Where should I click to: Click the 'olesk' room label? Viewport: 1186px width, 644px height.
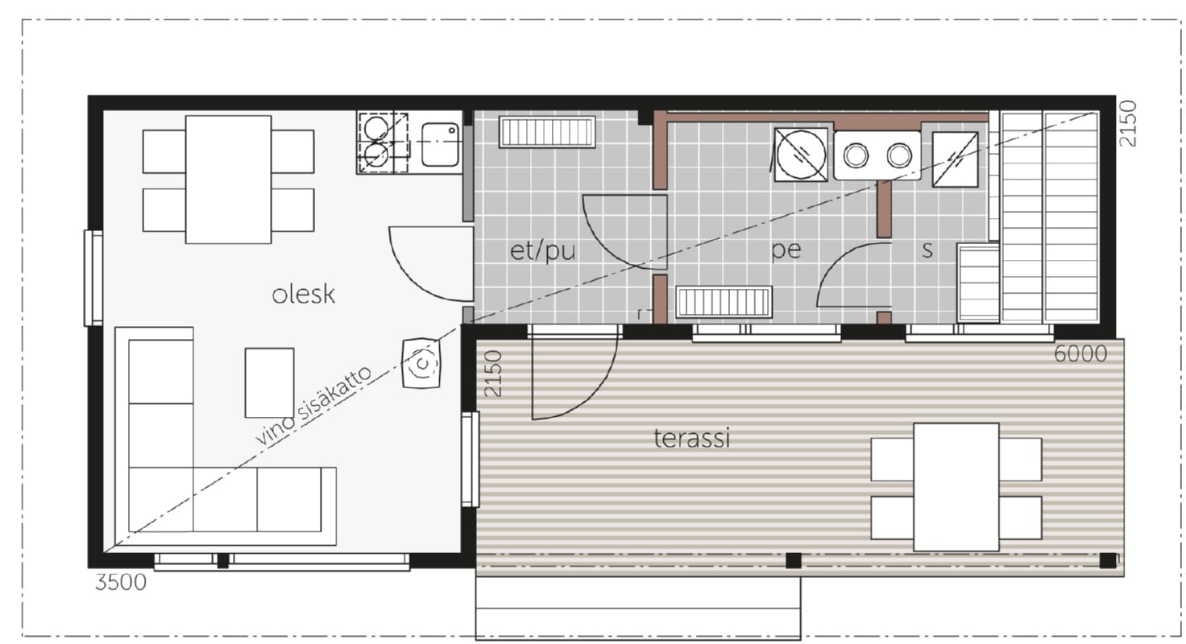pyautogui.click(x=304, y=295)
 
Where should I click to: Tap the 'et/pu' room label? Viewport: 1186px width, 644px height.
pyautogui.click(x=542, y=250)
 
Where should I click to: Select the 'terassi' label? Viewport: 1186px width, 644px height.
pyautogui.click(x=692, y=438)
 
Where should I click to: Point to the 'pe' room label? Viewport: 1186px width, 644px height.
pyautogui.click(x=786, y=250)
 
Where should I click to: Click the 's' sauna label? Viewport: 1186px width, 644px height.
pyautogui.click(x=927, y=250)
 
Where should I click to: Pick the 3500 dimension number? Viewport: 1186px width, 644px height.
pyautogui.click(x=121, y=582)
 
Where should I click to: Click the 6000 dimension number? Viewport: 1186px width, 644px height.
pyautogui.click(x=1080, y=353)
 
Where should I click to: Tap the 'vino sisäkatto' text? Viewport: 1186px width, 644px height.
pyautogui.click(x=313, y=405)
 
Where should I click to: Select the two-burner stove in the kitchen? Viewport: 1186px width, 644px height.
pyautogui.click(x=383, y=142)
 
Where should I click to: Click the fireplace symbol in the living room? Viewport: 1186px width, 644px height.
pyautogui.click(x=421, y=364)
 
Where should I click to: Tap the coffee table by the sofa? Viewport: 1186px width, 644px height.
pyautogui.click(x=269, y=382)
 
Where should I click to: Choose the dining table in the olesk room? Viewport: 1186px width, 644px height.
pyautogui.click(x=228, y=180)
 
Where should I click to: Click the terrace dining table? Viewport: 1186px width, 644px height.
pyautogui.click(x=956, y=487)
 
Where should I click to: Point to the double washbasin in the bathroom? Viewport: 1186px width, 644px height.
pyautogui.click(x=877, y=155)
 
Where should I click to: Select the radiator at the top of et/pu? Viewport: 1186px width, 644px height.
pyautogui.click(x=547, y=132)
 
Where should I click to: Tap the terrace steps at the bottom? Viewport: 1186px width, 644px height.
pyautogui.click(x=638, y=609)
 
